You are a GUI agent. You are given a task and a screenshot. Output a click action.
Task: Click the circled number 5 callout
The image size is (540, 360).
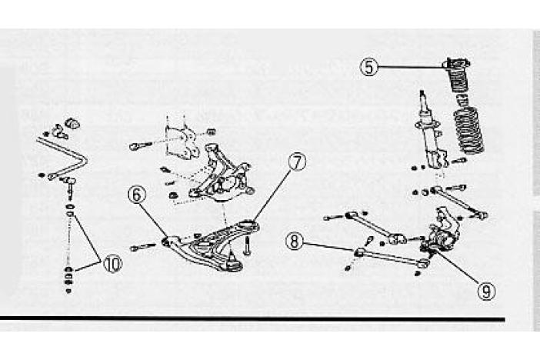pyautogui.click(x=370, y=67)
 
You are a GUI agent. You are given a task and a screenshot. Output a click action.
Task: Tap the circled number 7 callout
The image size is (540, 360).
pyautogui.click(x=297, y=162)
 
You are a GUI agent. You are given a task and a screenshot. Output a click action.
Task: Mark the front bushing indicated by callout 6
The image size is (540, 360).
pyautogui.click(x=166, y=243)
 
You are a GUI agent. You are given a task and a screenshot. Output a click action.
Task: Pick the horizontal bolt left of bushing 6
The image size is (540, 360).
pyautogui.click(x=145, y=247)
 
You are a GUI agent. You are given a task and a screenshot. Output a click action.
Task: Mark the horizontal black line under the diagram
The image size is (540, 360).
pyautogui.click(x=254, y=318)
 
